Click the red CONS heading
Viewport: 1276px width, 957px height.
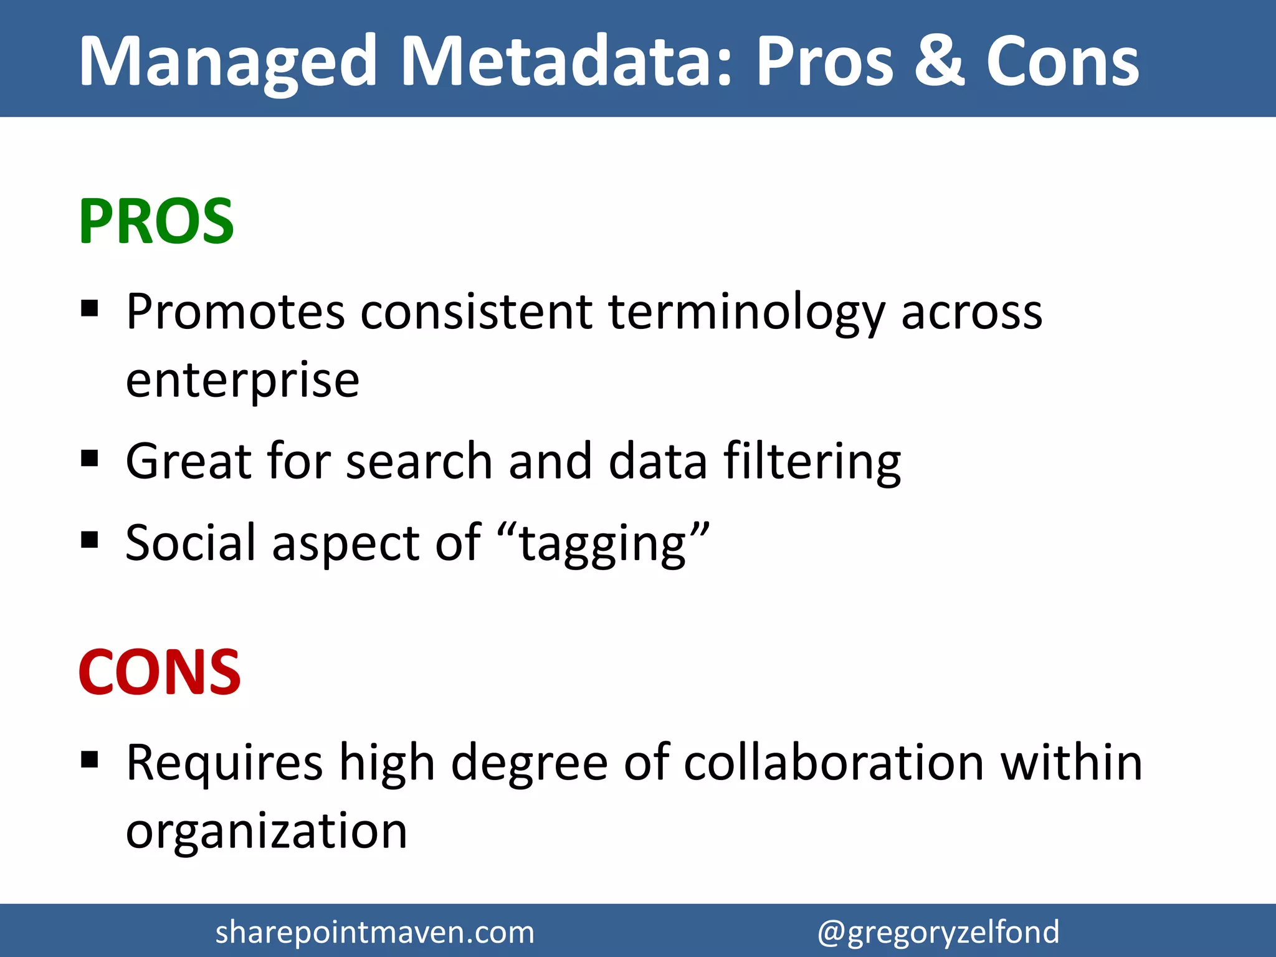pos(159,672)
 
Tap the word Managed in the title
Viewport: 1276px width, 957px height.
pos(228,62)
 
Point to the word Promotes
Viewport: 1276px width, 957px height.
pos(235,311)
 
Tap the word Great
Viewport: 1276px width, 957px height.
pos(188,460)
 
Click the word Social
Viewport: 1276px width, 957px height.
pos(191,542)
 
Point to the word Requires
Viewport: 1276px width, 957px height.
pos(224,763)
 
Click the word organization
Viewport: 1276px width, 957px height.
pos(266,831)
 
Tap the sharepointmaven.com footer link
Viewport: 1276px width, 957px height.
pos(374,932)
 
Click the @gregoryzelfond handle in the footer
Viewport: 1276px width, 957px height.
pos(938,933)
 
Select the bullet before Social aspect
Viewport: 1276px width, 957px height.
pos(90,540)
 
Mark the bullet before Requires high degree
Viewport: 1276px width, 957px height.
pos(90,759)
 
